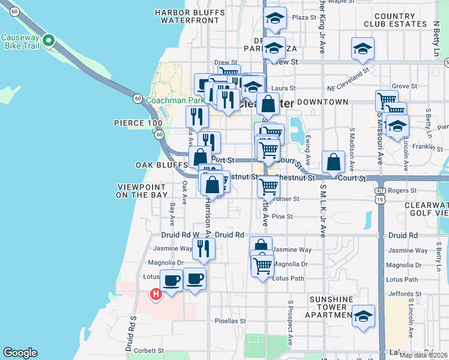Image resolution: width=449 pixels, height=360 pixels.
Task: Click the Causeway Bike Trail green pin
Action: [x=49, y=41]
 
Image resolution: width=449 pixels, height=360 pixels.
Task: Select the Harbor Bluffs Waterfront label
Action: [x=187, y=16]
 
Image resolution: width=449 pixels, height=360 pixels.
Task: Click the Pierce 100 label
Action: [x=138, y=123]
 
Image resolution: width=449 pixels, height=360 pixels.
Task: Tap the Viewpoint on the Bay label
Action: [x=142, y=191]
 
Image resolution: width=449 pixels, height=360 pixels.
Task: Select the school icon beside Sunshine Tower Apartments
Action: [x=363, y=316]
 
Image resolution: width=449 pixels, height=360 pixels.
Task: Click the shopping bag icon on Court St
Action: [x=333, y=162]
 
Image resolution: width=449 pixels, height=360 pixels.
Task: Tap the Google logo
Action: [x=20, y=353]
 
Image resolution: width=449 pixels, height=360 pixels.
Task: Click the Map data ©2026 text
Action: [x=423, y=355]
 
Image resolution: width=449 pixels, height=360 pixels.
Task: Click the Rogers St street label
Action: [x=402, y=191]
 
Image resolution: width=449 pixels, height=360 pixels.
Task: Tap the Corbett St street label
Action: [x=149, y=350]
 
